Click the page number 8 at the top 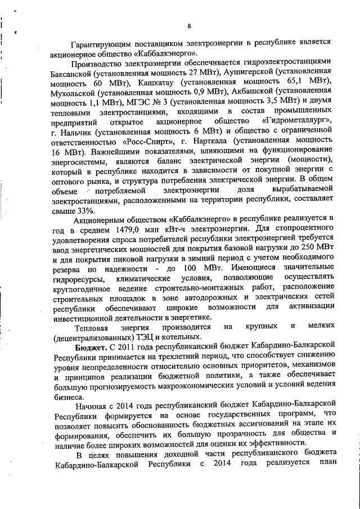coord(189,25)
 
